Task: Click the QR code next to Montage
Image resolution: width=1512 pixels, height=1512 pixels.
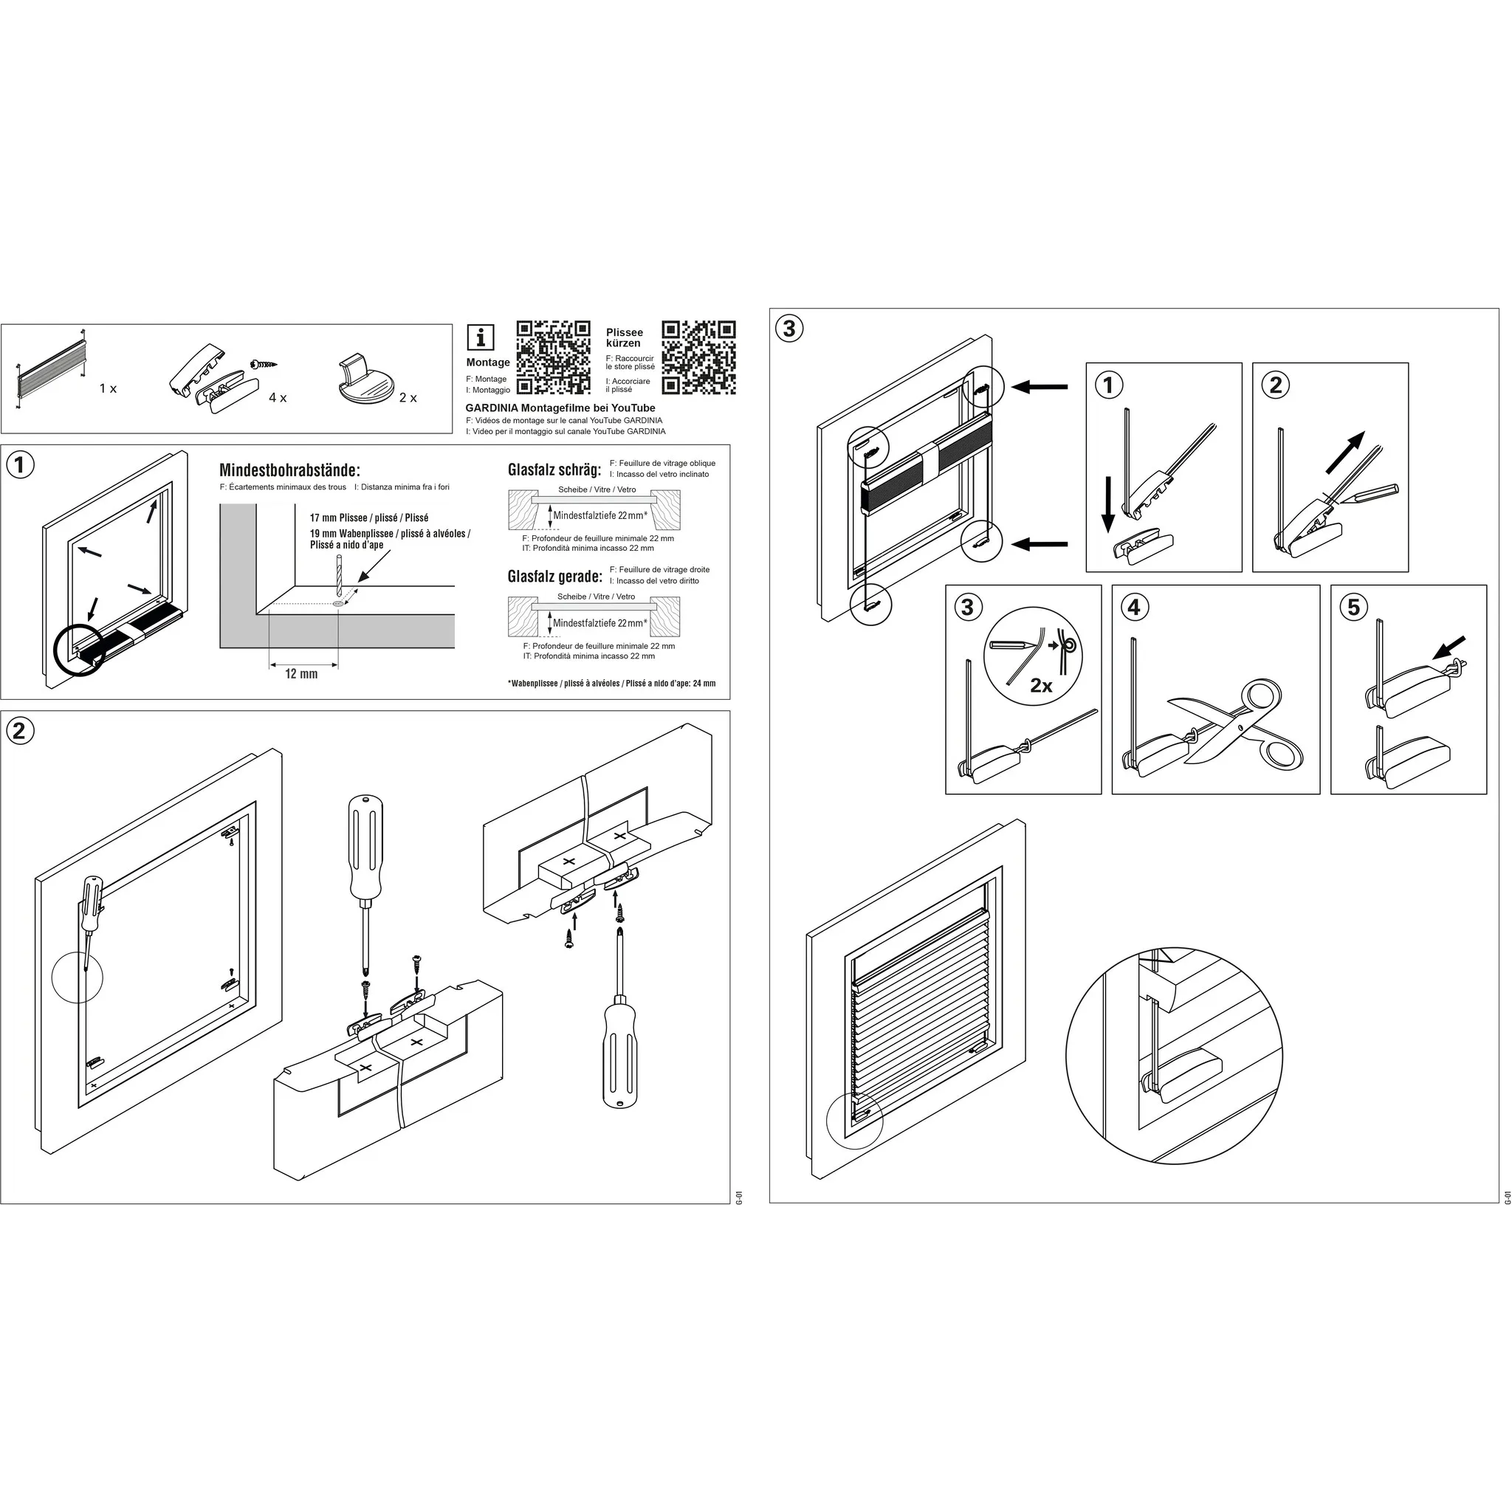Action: (x=553, y=357)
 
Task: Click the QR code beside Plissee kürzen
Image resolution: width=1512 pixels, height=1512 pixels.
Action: (x=699, y=357)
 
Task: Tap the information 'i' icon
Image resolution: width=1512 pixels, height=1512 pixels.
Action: (x=481, y=337)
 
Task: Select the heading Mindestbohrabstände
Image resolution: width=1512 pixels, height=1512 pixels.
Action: (x=289, y=470)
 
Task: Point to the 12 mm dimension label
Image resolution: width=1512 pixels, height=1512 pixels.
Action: (x=301, y=674)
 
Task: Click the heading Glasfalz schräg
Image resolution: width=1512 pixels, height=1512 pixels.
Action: (x=554, y=470)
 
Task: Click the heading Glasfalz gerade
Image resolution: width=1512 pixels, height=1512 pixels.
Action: (x=555, y=577)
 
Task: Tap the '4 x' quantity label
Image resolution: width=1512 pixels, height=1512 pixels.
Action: (x=278, y=399)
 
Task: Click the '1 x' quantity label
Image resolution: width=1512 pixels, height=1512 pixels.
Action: (x=108, y=389)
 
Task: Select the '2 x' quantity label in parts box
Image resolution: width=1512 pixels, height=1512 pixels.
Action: (x=408, y=399)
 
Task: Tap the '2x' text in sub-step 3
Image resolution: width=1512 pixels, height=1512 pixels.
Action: (x=1041, y=687)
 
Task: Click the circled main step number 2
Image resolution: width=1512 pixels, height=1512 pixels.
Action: (x=20, y=731)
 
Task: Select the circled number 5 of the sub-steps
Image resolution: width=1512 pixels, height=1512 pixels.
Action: (x=1354, y=607)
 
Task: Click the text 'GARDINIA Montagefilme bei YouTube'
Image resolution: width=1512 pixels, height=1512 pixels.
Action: (x=560, y=408)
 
